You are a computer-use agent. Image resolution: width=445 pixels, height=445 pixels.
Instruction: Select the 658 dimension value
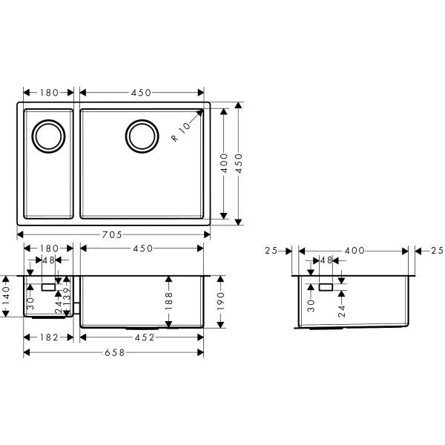point(113,352)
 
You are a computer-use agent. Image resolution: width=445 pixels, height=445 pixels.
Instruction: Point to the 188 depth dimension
point(169,300)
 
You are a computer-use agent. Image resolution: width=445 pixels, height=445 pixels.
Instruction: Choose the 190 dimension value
point(221,300)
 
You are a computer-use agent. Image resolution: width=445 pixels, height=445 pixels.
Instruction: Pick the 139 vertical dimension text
point(67,300)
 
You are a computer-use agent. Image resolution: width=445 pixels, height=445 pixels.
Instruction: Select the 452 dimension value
point(142,337)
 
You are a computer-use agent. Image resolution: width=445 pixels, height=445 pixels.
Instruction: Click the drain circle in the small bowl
point(49,136)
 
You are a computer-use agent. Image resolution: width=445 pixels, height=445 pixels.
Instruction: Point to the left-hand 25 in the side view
point(271,251)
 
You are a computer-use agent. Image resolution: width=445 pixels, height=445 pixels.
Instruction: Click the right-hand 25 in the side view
point(435,251)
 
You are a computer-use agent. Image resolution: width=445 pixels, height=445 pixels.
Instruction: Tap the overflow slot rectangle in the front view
point(48,286)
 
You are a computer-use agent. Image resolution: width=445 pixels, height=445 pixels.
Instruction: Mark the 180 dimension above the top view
point(48,93)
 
